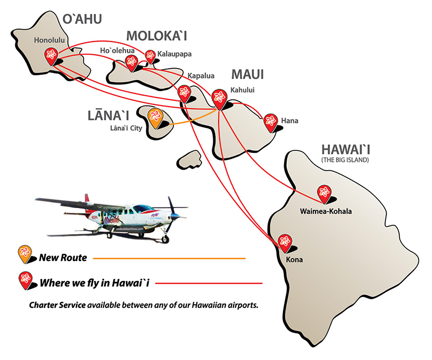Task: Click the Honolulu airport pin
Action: click(x=51, y=56)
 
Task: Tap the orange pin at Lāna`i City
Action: click(x=155, y=118)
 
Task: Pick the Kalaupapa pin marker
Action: click(x=150, y=57)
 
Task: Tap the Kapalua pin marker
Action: click(x=184, y=94)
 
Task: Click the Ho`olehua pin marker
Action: click(x=131, y=63)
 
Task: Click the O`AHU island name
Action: click(x=82, y=19)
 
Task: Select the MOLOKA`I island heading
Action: click(x=157, y=36)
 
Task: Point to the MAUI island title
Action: click(x=247, y=74)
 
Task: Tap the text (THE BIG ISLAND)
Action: click(x=345, y=160)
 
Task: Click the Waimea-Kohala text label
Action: click(x=326, y=211)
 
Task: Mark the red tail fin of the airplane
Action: click(x=87, y=199)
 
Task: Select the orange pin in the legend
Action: click(x=25, y=254)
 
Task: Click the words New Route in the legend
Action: click(x=63, y=258)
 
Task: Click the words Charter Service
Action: click(x=57, y=305)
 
